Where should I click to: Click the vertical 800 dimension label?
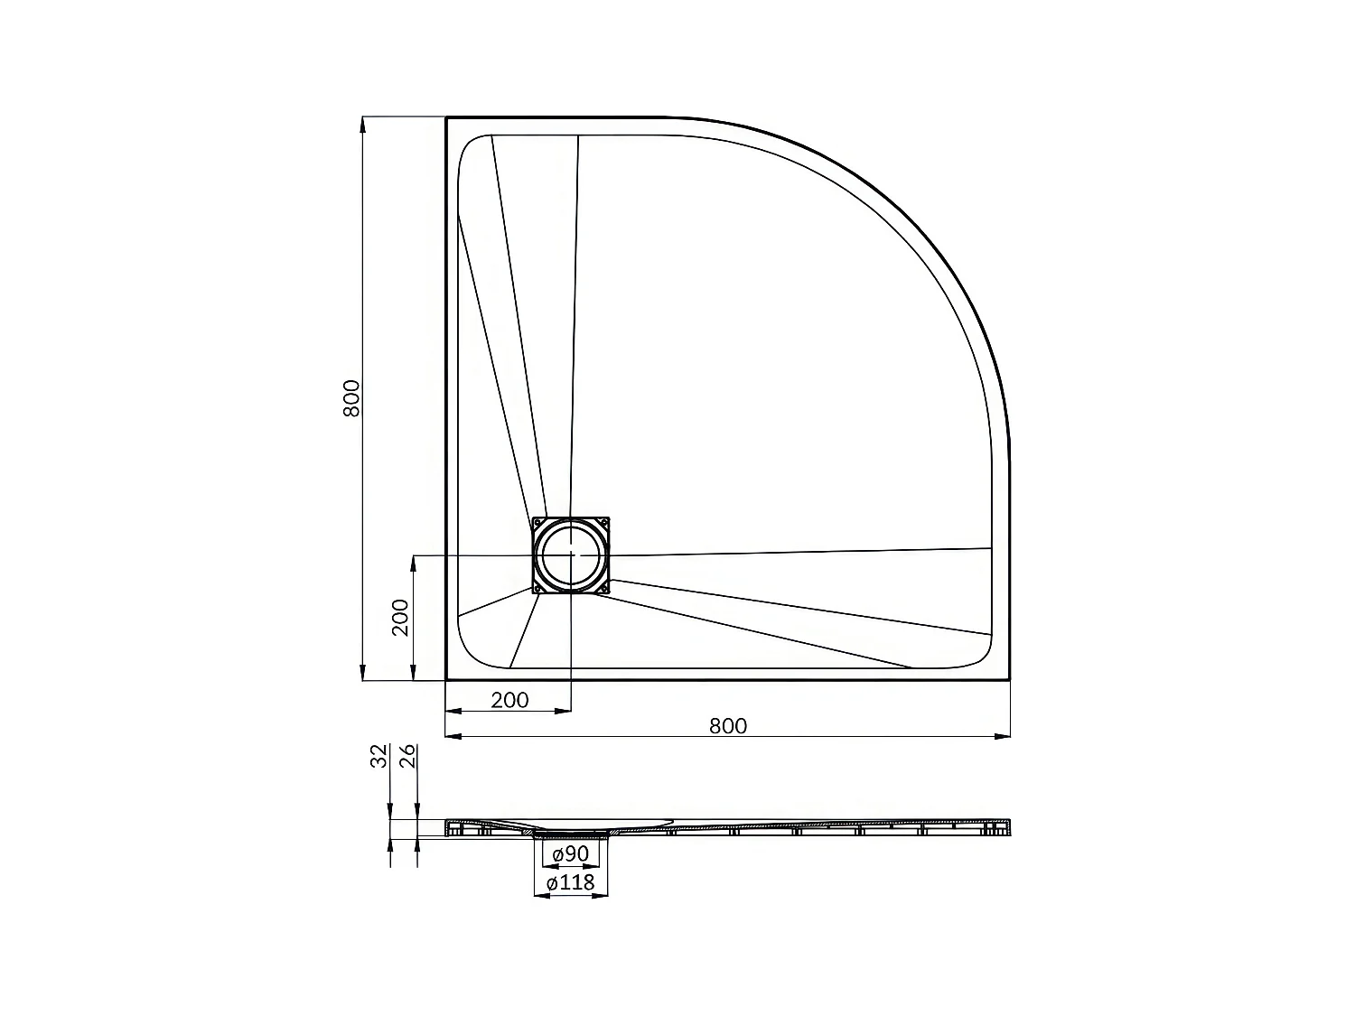pyautogui.click(x=352, y=398)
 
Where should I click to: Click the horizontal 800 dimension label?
pyautogui.click(x=728, y=725)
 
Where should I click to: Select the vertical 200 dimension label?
pyautogui.click(x=401, y=618)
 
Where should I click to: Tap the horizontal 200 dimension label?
pyautogui.click(x=509, y=700)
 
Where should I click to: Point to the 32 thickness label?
pyautogui.click(x=379, y=756)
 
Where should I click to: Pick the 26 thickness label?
pyautogui.click(x=406, y=756)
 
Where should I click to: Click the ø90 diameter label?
pyautogui.click(x=571, y=854)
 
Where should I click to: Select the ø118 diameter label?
pyautogui.click(x=571, y=882)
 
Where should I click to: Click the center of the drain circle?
pyautogui.click(x=571, y=555)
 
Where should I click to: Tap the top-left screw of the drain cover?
pyautogui.click(x=539, y=523)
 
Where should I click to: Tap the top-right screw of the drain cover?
pyautogui.click(x=603, y=523)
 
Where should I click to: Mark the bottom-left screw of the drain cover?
pyautogui.click(x=539, y=587)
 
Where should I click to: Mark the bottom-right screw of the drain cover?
pyautogui.click(x=603, y=587)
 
